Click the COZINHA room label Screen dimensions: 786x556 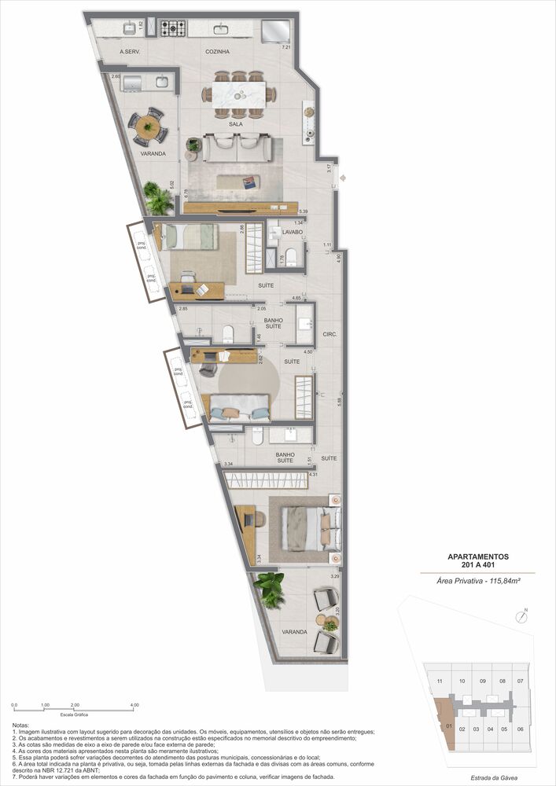click(217, 52)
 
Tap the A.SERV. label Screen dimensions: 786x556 click(130, 52)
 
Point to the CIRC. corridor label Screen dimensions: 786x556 click(330, 334)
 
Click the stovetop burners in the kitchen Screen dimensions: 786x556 click(173, 29)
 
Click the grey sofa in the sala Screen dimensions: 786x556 click(237, 146)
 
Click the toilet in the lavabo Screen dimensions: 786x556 click(290, 255)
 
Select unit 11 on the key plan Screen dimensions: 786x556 click(440, 681)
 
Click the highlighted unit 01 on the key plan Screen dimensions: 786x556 click(448, 725)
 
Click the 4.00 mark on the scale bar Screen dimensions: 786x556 click(134, 705)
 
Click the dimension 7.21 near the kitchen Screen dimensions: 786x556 click(286, 48)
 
